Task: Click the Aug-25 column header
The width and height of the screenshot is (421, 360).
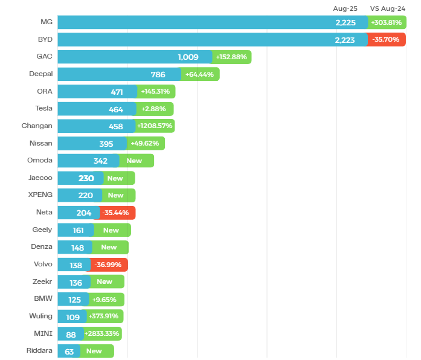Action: click(x=345, y=8)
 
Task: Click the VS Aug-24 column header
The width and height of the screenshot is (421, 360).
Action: click(x=387, y=8)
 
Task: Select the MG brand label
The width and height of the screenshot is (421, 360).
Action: click(x=46, y=22)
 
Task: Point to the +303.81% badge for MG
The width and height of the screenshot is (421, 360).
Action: click(x=387, y=22)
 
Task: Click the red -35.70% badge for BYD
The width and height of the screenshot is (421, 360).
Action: click(x=386, y=40)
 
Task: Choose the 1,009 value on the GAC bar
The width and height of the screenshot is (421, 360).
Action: click(x=188, y=57)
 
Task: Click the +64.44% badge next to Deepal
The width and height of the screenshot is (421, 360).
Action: click(x=200, y=74)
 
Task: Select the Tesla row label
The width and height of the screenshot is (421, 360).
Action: click(x=43, y=109)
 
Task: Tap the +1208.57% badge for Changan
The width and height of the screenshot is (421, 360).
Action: click(x=155, y=126)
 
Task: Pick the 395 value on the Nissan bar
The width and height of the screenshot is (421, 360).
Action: click(x=106, y=144)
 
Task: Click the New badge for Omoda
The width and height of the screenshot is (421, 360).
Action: click(x=135, y=161)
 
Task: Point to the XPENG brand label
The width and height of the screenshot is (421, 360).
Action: click(x=40, y=195)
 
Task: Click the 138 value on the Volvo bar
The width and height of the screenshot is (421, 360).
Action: click(x=76, y=265)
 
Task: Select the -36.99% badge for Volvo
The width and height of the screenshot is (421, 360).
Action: click(x=109, y=265)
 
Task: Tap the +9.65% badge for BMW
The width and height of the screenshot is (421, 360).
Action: click(x=105, y=299)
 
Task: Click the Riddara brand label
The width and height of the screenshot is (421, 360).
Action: click(x=39, y=350)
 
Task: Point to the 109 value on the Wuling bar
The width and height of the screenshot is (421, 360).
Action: click(x=72, y=317)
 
